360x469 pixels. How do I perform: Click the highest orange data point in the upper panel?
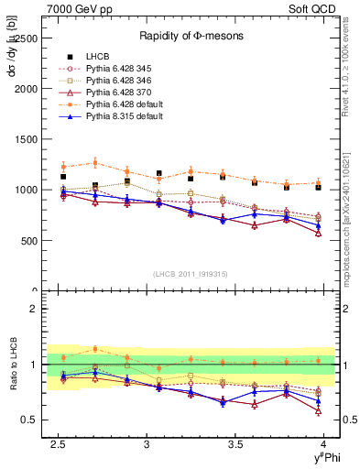(95, 163)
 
